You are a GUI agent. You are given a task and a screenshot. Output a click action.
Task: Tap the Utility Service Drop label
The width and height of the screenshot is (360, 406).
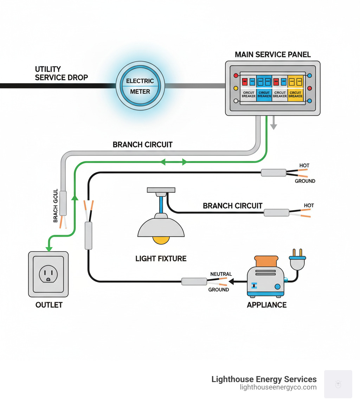tap(62, 73)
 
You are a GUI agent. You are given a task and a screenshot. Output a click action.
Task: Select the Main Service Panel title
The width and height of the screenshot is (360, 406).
tap(273, 55)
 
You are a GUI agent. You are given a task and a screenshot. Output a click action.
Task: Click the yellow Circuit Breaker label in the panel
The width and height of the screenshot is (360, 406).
tap(295, 94)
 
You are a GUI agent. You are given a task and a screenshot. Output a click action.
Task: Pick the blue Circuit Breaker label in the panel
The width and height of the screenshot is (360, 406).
tap(264, 94)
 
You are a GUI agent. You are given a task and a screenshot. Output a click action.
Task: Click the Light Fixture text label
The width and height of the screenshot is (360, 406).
tap(161, 259)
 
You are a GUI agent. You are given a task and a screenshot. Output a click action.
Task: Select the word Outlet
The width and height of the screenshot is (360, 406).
tap(49, 305)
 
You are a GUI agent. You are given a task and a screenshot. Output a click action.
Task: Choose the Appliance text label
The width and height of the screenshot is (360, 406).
tap(266, 305)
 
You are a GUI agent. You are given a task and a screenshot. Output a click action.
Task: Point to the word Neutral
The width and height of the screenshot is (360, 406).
tap(221, 274)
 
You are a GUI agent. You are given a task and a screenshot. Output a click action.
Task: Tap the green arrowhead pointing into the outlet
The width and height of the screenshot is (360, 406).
tap(49, 249)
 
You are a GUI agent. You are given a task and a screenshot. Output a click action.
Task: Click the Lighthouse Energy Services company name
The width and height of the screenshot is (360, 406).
tap(264, 379)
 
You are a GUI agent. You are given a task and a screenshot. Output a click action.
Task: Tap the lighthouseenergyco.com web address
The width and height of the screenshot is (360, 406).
tap(278, 387)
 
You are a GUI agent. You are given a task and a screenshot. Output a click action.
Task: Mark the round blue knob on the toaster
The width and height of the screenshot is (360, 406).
tap(277, 286)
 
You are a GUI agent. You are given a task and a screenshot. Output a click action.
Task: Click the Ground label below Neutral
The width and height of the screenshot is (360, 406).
tap(219, 290)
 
